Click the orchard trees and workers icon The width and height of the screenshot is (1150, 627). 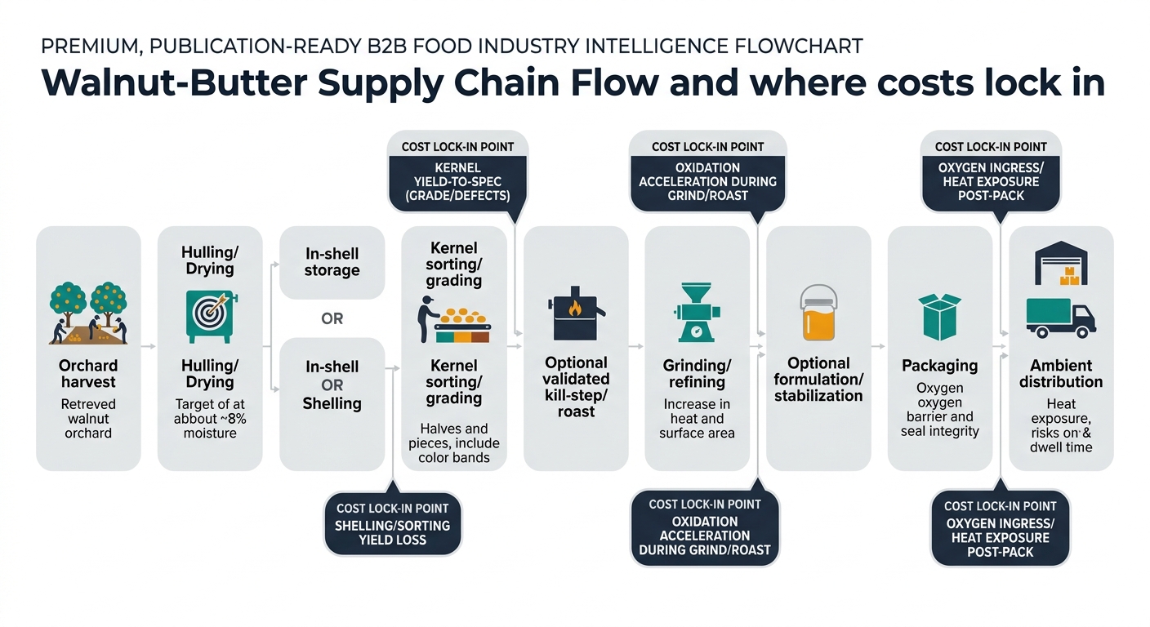[x=88, y=313]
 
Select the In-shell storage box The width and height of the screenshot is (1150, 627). [x=332, y=263]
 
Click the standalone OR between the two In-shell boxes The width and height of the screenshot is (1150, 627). [x=332, y=318]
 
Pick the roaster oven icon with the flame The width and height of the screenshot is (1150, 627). [x=576, y=313]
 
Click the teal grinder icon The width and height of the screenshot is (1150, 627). [x=697, y=312]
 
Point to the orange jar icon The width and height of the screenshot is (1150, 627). [x=818, y=313]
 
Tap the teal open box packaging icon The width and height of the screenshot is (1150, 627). [x=939, y=317]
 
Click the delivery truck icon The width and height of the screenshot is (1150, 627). [x=1061, y=318]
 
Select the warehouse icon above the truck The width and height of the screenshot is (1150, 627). [x=1061, y=263]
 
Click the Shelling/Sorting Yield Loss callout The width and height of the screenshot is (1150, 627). [x=393, y=524]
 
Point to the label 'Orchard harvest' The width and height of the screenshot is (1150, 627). [x=88, y=374]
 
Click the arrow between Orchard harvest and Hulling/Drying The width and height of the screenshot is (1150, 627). [x=149, y=347]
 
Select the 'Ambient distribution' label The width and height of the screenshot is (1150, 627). [x=1061, y=374]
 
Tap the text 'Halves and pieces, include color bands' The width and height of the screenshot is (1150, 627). [x=454, y=442]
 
